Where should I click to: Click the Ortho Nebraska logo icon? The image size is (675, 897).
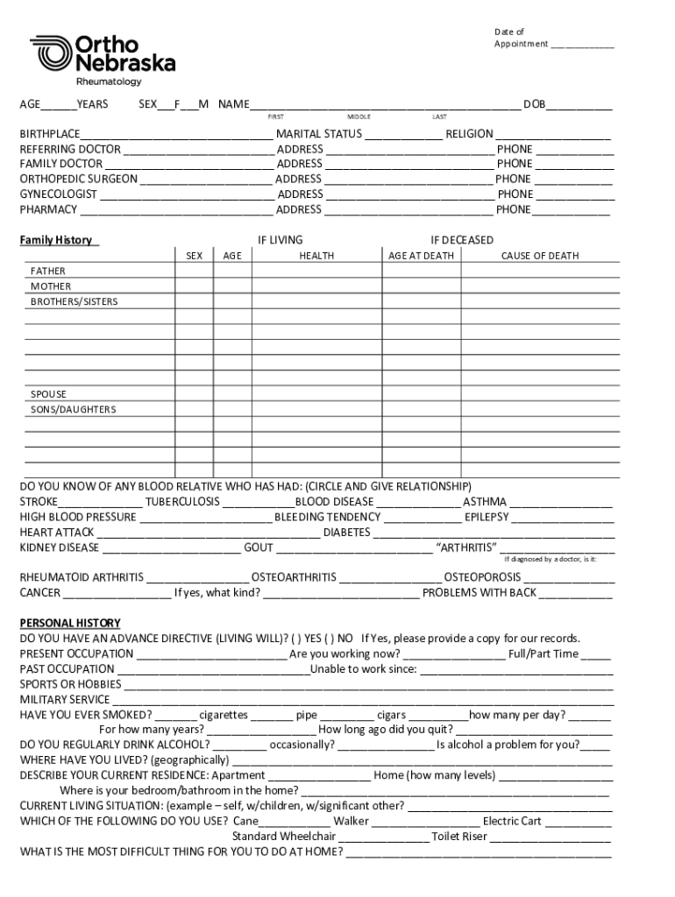[x=51, y=53]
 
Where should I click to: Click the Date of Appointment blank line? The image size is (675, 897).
[x=582, y=44]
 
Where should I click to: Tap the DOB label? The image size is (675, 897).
[x=534, y=105]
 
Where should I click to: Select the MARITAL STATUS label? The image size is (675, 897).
[x=318, y=134]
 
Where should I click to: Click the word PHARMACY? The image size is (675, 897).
[x=48, y=209]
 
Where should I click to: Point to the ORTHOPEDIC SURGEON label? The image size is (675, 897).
[x=79, y=179]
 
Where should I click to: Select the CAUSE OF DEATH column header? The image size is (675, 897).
[x=540, y=256]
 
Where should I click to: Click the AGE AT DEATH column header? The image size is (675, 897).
[x=421, y=256]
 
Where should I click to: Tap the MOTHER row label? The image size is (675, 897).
[x=51, y=286]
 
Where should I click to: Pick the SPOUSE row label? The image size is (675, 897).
[x=48, y=394]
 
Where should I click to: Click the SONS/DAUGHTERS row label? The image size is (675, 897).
[x=73, y=409]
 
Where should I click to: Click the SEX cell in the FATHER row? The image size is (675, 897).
[x=195, y=271]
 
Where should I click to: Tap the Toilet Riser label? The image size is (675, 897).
[x=458, y=837]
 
